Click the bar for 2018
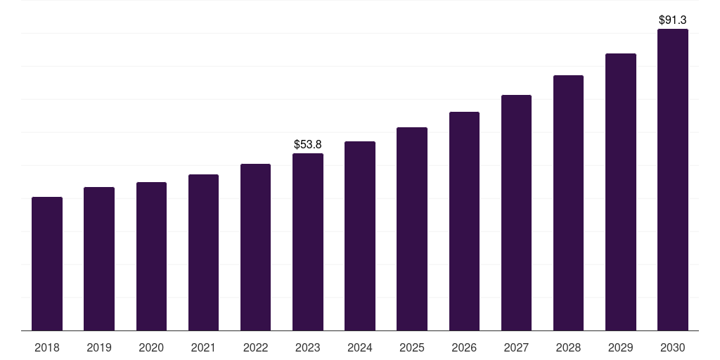tap(47, 264)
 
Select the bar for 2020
tap(151, 257)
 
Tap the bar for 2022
tap(255, 247)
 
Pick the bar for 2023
tap(308, 242)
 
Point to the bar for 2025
tap(412, 229)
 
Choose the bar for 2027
tap(516, 213)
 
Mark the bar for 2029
tap(621, 192)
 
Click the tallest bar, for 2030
tap(673, 180)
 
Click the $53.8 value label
tap(308, 144)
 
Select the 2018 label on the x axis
tap(47, 347)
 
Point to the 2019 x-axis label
tap(99, 347)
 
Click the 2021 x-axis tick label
tap(203, 347)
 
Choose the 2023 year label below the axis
tap(308, 347)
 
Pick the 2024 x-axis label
tap(360, 347)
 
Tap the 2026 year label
tap(464, 347)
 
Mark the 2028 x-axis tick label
tap(568, 347)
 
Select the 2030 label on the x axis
tap(673, 347)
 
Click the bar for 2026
tap(464, 221)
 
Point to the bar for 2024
tap(360, 236)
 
